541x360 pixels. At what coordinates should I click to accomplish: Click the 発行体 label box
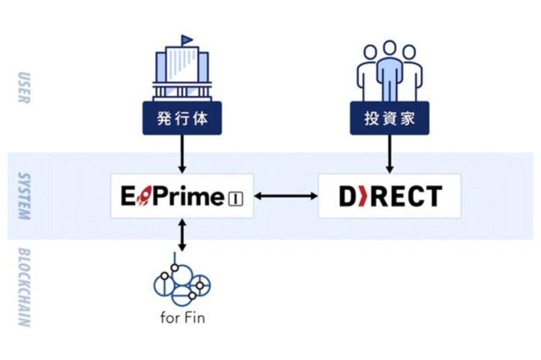182,118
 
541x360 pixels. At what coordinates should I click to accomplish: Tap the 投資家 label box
389,118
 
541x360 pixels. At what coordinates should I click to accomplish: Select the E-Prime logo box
182,196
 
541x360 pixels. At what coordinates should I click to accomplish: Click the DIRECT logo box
389,196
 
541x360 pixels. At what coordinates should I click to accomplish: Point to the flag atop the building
186,40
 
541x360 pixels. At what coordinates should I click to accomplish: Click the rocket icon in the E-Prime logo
145,196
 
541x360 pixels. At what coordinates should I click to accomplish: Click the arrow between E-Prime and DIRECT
286,196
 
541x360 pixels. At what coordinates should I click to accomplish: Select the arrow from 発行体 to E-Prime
182,154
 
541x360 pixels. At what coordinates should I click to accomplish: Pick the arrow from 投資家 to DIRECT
390,154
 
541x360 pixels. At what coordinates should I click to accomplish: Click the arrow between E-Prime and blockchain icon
182,235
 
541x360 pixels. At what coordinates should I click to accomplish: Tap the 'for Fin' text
182,317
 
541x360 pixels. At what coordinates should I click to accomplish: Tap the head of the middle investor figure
389,48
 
